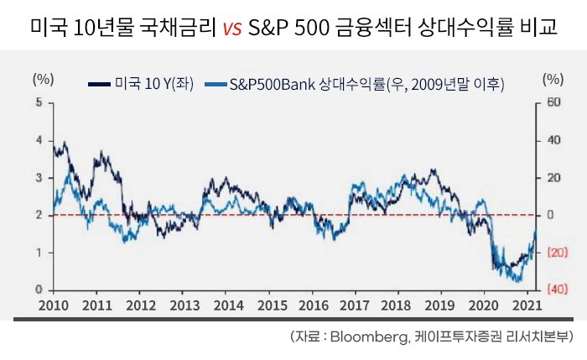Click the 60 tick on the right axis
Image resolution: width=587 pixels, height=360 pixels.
552,102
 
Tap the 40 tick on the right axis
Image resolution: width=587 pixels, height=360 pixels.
552,140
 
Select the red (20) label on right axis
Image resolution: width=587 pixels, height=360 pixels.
553,253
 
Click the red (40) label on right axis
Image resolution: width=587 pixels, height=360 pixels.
553,290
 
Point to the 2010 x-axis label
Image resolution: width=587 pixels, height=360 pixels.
53,305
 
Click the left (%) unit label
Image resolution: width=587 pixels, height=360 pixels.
43,80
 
